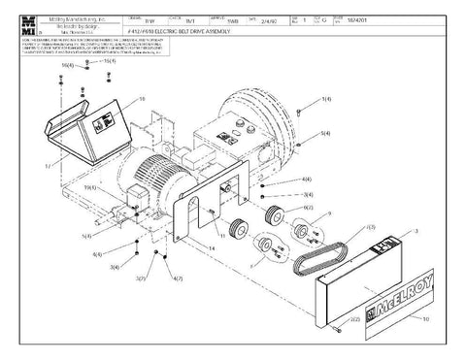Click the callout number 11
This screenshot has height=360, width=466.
pos(221,235)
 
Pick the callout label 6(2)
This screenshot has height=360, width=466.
pos(308,207)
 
